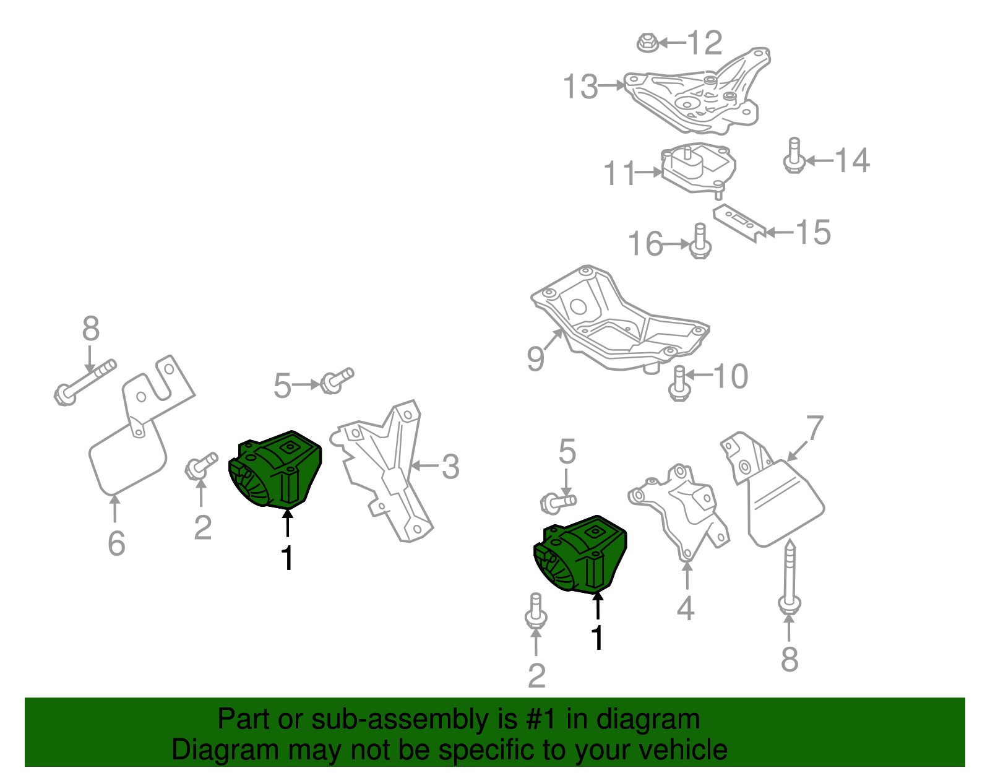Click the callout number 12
click(705, 43)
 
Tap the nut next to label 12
click(646, 43)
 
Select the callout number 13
click(580, 86)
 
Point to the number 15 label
click(812, 232)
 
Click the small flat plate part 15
click(739, 223)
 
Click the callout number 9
click(536, 358)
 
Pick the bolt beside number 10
click(679, 383)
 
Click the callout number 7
click(816, 428)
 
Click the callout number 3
click(450, 467)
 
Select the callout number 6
click(116, 543)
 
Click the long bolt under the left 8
click(85, 381)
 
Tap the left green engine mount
click(276, 470)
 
